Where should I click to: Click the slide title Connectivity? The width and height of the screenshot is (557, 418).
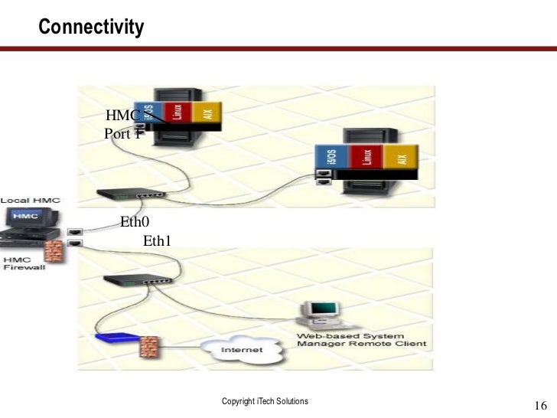91,28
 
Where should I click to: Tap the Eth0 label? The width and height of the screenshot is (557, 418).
134,224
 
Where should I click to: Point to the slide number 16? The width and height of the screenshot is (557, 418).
540,405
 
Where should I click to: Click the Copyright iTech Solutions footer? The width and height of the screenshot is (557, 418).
264,401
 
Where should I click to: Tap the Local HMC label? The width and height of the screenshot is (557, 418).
30,201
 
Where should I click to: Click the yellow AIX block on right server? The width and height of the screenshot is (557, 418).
402,158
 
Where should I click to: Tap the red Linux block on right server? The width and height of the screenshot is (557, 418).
366,158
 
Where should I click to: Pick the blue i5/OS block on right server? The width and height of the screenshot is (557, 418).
331,159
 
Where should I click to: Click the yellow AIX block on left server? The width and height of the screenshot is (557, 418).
207,113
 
